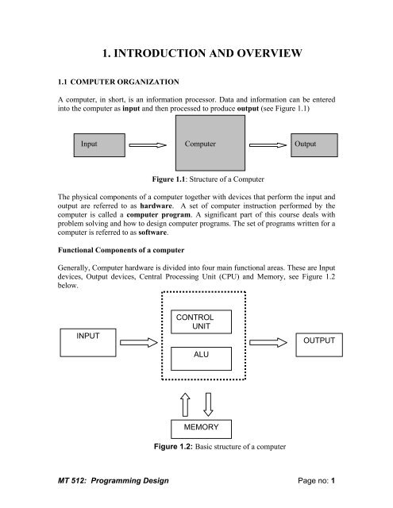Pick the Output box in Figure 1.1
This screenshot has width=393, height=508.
pyautogui.click(x=316, y=145)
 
